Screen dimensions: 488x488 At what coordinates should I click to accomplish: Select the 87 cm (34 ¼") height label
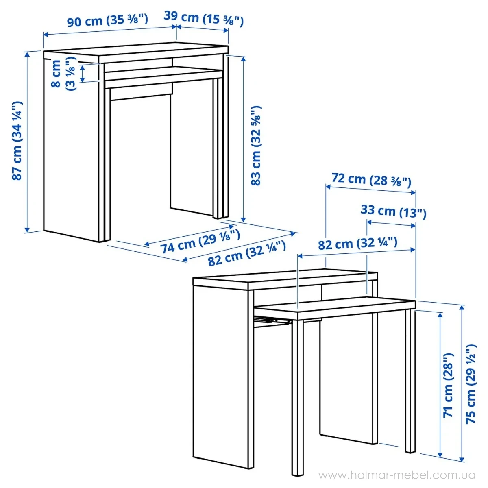[x=17, y=141]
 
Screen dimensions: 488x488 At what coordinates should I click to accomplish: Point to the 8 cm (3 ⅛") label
[x=63, y=74]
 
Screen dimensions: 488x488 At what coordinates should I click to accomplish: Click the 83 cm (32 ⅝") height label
[x=255, y=146]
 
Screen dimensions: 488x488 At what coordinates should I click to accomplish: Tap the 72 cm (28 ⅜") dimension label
[x=371, y=180]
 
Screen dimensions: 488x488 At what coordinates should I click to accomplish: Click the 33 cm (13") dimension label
[x=393, y=212]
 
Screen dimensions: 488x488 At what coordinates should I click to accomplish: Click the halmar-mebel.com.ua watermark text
[x=396, y=475]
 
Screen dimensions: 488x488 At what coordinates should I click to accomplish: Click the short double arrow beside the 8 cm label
[x=82, y=74]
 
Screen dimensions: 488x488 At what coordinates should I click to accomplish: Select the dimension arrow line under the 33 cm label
[x=391, y=224]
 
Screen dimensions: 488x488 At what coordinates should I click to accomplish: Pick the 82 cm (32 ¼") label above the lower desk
[x=357, y=244]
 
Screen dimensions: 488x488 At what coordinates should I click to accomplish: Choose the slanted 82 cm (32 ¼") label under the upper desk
[x=247, y=253]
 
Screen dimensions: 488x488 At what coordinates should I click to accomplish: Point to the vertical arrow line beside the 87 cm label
[x=27, y=142]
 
